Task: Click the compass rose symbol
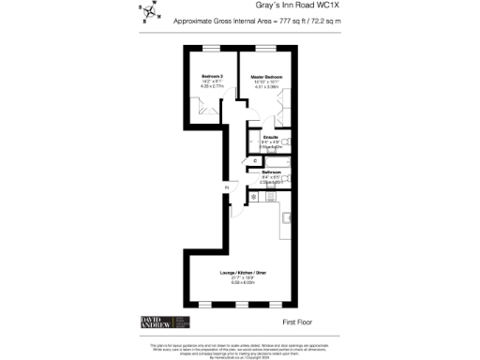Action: click(x=149, y=14)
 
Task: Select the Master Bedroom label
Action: click(x=266, y=76)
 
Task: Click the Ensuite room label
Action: click(x=271, y=137)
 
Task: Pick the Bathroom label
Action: click(x=272, y=172)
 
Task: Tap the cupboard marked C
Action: click(x=256, y=160)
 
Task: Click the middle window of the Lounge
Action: click(x=241, y=306)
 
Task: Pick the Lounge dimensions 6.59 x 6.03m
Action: click(x=242, y=282)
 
